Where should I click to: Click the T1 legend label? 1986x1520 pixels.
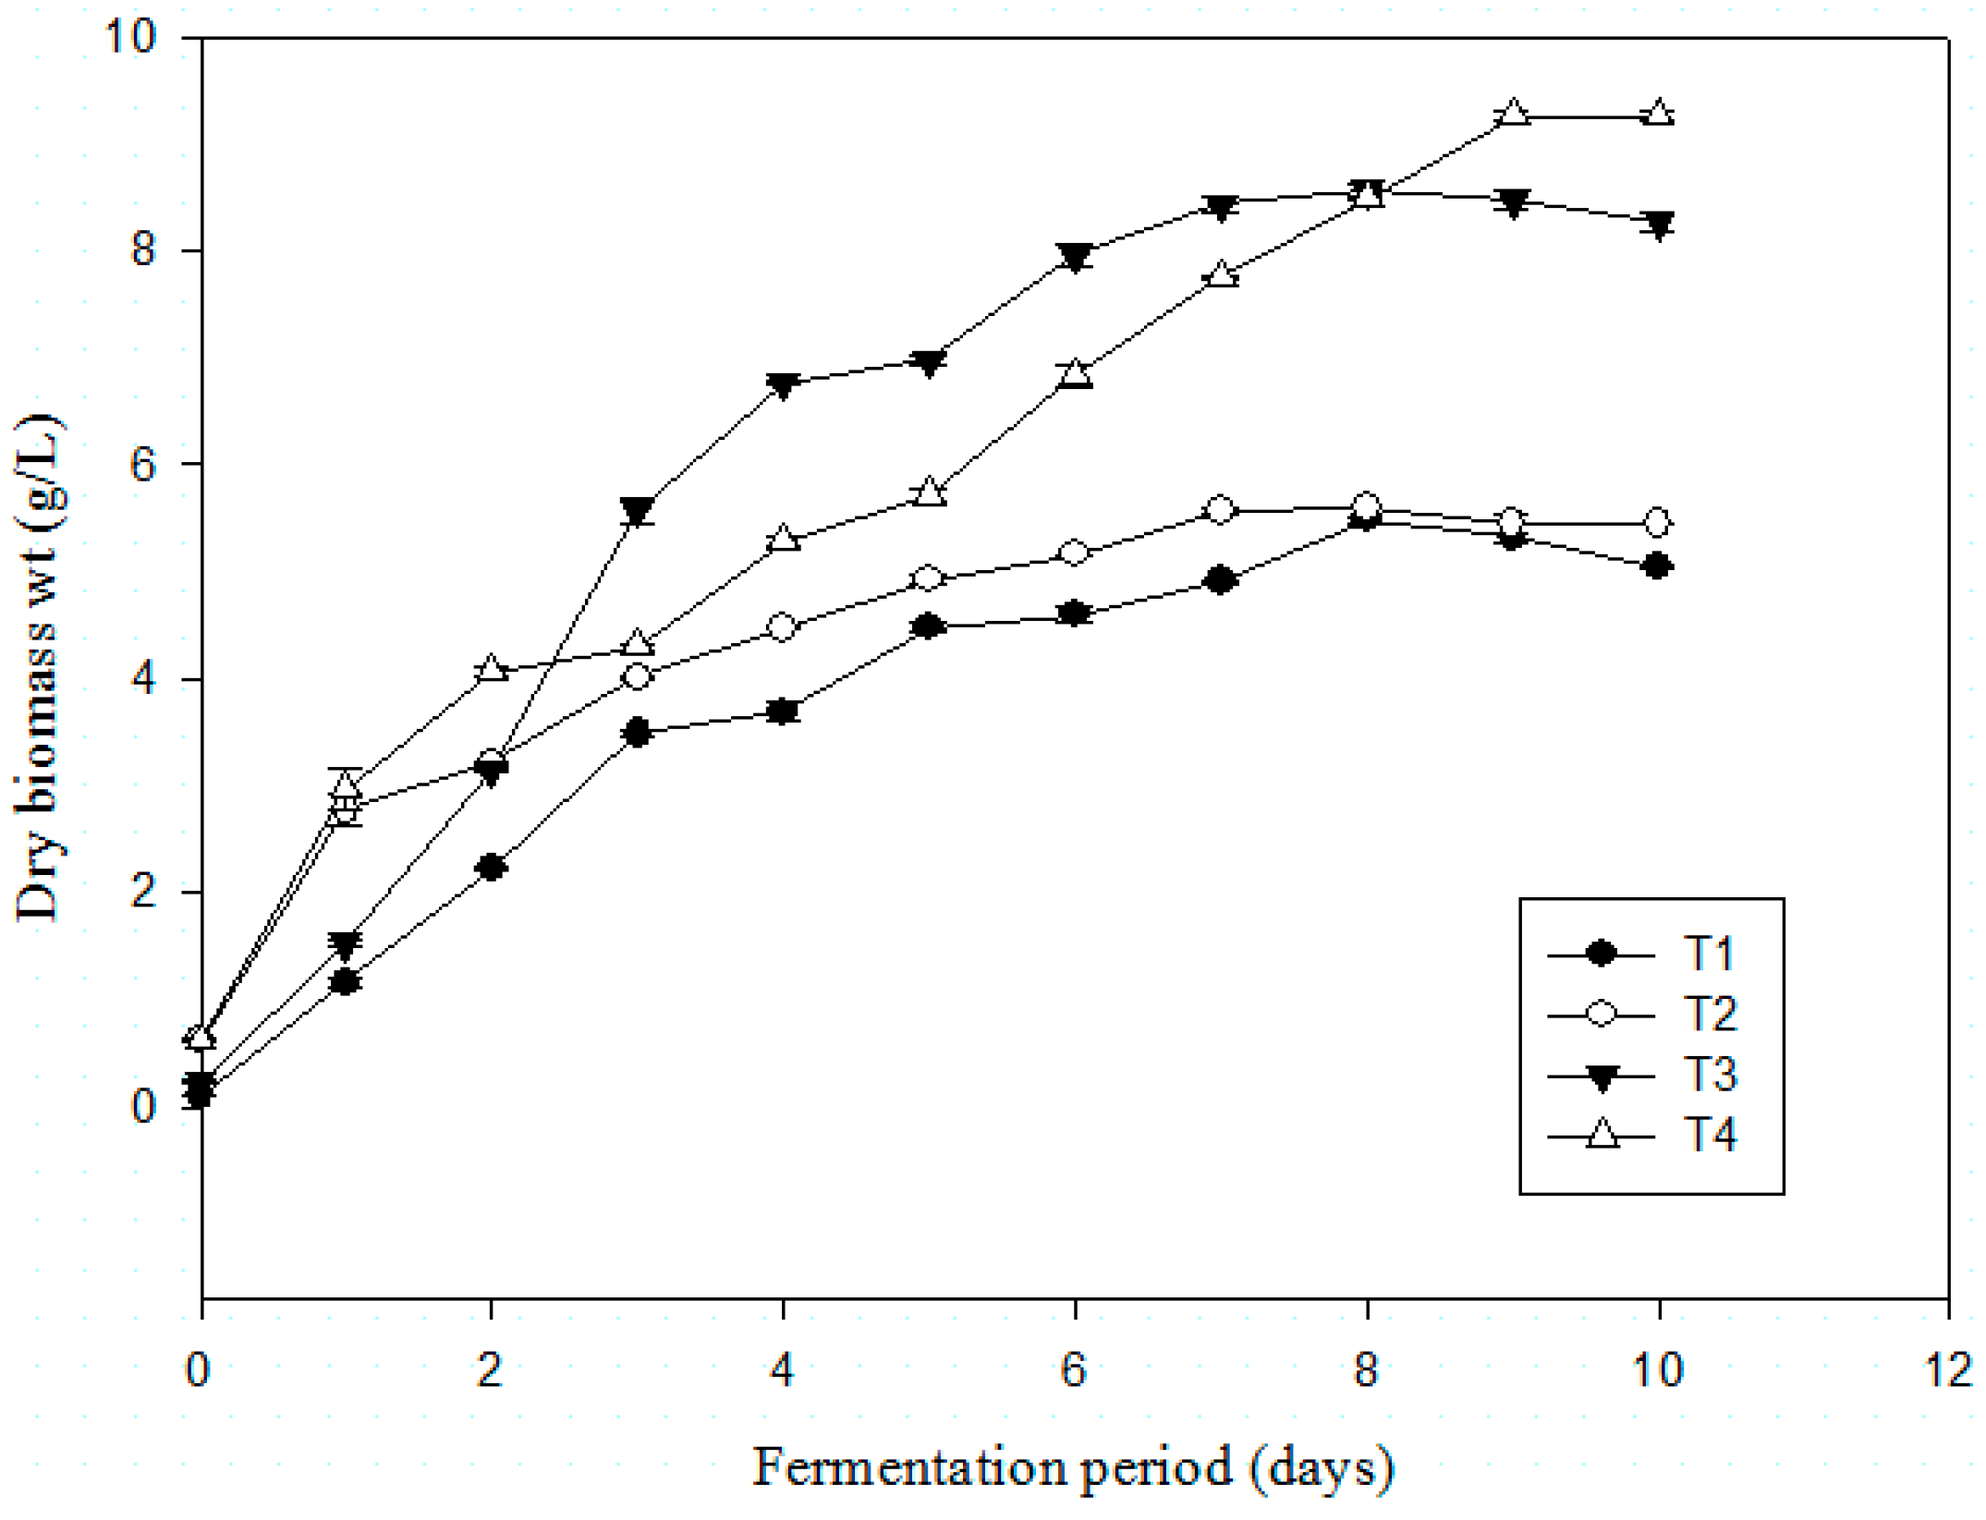coord(1708,954)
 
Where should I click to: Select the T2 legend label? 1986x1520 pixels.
coord(1710,1015)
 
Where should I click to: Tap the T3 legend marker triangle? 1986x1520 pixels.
coord(1601,1077)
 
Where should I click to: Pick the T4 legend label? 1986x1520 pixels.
coord(1710,1135)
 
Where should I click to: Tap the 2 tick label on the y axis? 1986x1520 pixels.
coord(143,893)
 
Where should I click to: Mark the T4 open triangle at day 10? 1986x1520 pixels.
coord(1660,114)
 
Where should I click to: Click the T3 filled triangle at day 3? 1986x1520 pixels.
coord(638,511)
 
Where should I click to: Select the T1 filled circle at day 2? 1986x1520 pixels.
coord(492,867)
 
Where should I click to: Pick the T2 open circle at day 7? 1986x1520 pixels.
coord(1220,509)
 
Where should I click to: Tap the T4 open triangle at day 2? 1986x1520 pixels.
coord(492,668)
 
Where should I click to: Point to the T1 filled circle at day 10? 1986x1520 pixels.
coord(1659,565)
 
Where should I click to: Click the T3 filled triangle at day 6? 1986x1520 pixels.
coord(1075,257)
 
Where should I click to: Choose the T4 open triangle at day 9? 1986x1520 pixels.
coord(1513,114)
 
